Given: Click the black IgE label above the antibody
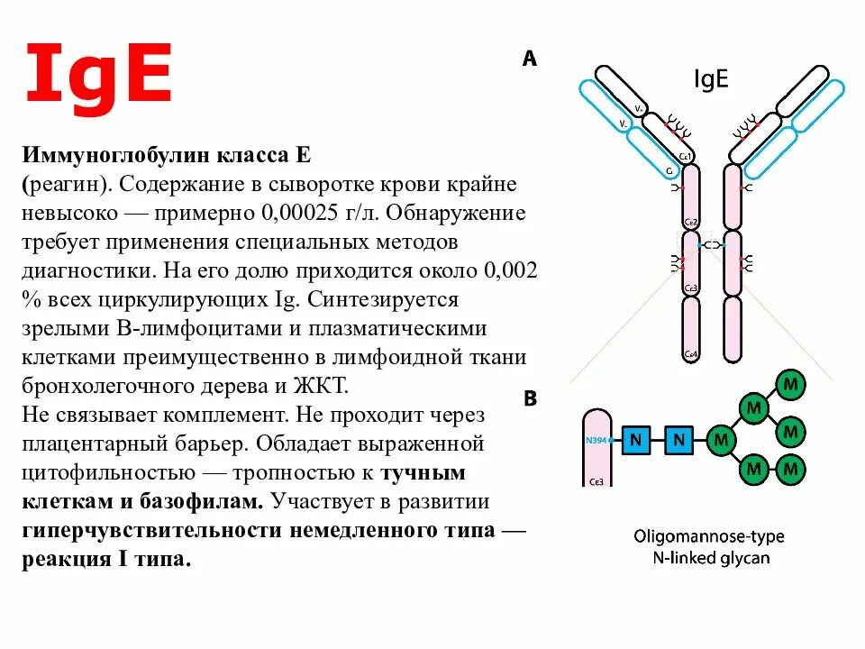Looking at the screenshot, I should [711, 80].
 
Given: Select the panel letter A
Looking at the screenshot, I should [529, 59].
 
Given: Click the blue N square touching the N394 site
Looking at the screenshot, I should [637, 440].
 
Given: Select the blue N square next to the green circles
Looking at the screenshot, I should [680, 440].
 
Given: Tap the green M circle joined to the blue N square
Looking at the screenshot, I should [721, 440].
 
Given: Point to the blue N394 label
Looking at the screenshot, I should [596, 441].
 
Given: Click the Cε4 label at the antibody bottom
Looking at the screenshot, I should [691, 353].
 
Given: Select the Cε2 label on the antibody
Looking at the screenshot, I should [691, 222].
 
